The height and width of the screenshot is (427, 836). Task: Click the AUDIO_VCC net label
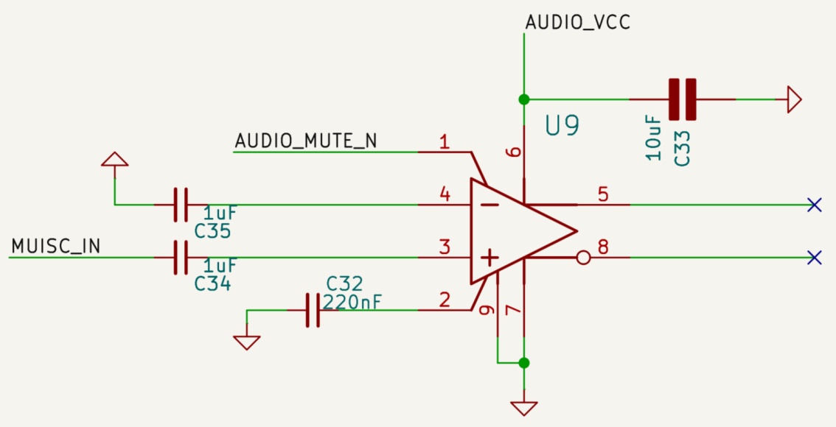tap(577, 22)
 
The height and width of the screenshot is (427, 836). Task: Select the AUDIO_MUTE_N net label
tap(305, 140)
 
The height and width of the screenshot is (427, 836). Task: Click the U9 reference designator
tap(562, 126)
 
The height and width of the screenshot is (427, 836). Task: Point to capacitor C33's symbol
tap(682, 99)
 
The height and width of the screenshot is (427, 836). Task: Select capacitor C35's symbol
tap(181, 205)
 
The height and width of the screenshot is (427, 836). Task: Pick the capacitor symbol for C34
tap(181, 258)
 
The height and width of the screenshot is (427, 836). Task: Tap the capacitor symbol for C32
tap(313, 310)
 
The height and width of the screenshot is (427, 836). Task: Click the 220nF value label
tap(353, 302)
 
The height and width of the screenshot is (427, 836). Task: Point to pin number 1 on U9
tap(444, 141)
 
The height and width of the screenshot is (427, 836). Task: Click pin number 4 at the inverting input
tap(445, 194)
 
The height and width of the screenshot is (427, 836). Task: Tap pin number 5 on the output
tap(603, 194)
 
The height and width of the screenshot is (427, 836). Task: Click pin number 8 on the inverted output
tap(603, 247)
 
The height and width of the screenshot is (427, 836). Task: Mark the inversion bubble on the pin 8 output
tap(583, 258)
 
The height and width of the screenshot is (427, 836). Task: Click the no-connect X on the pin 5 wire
tap(814, 205)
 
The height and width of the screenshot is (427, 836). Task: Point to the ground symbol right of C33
tap(793, 99)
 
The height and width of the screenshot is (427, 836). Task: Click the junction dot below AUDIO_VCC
tap(523, 99)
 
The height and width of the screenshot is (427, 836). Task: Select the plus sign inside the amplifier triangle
tap(489, 257)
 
